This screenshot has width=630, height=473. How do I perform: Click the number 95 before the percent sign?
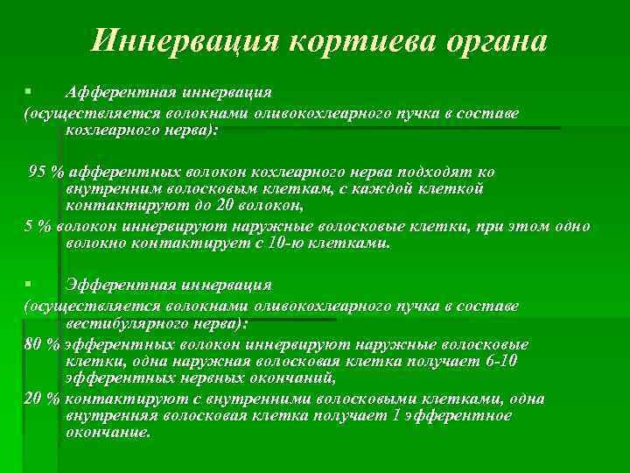coord(38,170)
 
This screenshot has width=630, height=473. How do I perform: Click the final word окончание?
coord(108,433)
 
